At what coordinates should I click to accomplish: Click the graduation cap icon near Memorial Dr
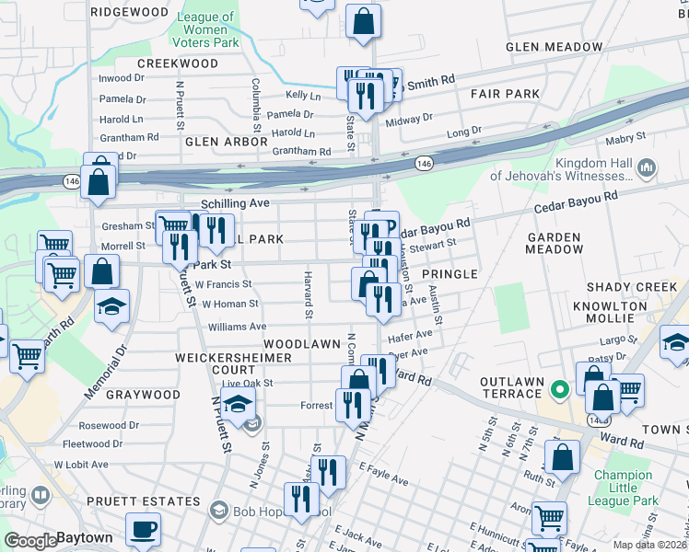point(111,307)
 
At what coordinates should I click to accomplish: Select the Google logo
point(30,540)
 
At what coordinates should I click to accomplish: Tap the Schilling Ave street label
point(235,202)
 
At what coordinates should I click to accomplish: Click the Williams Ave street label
point(237,327)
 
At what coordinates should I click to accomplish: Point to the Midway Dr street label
point(409,120)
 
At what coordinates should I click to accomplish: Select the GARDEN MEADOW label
point(554,243)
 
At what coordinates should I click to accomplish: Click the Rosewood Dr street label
point(108,426)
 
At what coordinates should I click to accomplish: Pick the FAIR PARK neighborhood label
point(505,94)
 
